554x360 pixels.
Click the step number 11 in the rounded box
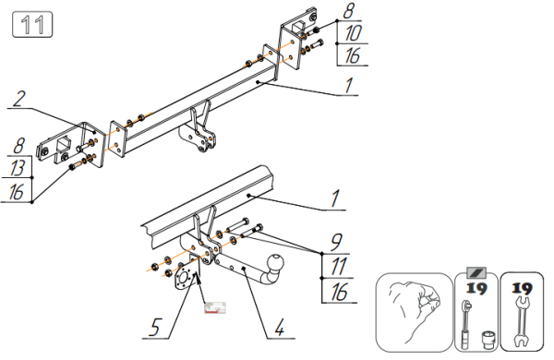point(32,24)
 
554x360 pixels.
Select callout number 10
point(353,33)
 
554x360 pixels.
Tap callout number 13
point(17,167)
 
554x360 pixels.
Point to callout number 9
point(336,242)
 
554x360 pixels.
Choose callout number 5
point(155,327)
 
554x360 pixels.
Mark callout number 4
point(279,327)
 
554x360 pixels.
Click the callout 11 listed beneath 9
point(338,266)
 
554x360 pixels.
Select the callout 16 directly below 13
point(16,192)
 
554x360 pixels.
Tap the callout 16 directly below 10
point(353,55)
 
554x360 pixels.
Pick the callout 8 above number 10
point(348,11)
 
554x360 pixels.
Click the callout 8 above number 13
point(18,145)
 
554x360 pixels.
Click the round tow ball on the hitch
point(275,262)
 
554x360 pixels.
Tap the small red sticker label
point(215,307)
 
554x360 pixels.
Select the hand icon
point(414,310)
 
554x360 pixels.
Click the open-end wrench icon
point(522,322)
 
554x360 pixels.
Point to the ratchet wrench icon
point(466,324)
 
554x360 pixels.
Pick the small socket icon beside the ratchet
point(488,339)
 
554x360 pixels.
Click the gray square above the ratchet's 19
point(476,272)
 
